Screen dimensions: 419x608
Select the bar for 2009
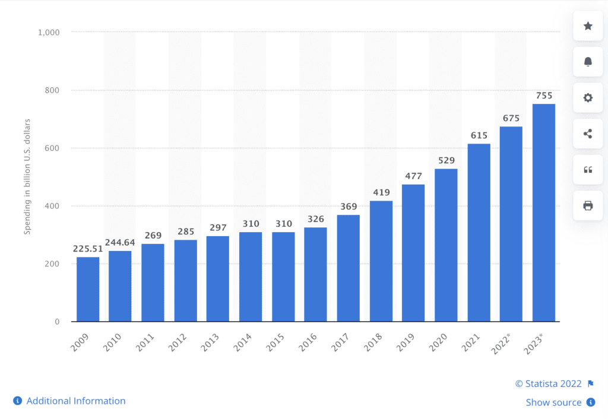pyautogui.click(x=88, y=289)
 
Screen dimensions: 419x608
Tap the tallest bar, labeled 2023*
pyautogui.click(x=543, y=212)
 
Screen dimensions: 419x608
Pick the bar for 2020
pyautogui.click(x=446, y=245)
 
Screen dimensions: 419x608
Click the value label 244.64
pyautogui.click(x=121, y=243)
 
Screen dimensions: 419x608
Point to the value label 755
pyautogui.click(x=543, y=95)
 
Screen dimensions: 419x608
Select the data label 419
pyautogui.click(x=381, y=192)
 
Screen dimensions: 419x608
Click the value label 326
pyautogui.click(x=316, y=219)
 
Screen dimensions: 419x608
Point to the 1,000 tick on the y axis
pyautogui.click(x=49, y=32)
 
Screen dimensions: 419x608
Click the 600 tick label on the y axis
pyautogui.click(x=53, y=148)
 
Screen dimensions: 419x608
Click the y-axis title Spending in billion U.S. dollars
pyautogui.click(x=27, y=177)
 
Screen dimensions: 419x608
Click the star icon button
pyautogui.click(x=588, y=26)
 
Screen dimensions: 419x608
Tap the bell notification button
pyautogui.click(x=588, y=62)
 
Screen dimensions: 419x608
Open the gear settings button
pyautogui.click(x=588, y=98)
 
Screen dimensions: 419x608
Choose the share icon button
pyautogui.click(x=588, y=134)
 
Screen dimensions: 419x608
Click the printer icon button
pyautogui.click(x=588, y=205)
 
